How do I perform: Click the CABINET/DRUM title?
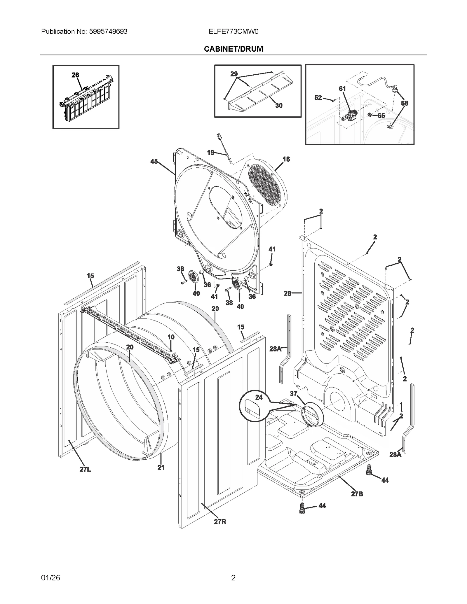click(x=233, y=49)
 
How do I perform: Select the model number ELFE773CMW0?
click(x=233, y=31)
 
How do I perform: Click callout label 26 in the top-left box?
click(x=75, y=75)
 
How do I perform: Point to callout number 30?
click(x=279, y=106)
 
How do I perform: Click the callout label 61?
click(x=342, y=88)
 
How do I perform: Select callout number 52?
click(x=318, y=98)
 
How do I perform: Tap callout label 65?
click(x=381, y=116)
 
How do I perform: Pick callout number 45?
click(x=154, y=161)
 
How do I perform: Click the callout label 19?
click(x=211, y=152)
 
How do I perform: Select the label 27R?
click(x=220, y=522)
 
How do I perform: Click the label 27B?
click(x=357, y=494)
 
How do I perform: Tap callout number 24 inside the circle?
click(x=259, y=397)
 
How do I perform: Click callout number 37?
click(x=293, y=393)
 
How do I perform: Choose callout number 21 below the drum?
click(x=161, y=467)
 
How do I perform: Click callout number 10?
click(x=171, y=337)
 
